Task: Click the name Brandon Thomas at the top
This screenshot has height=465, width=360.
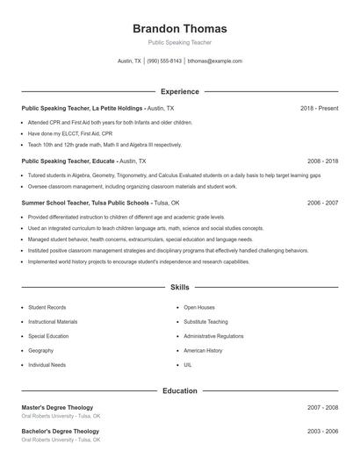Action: click(179, 28)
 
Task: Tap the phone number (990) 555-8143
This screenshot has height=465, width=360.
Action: click(164, 61)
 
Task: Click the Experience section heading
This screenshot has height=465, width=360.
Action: click(179, 91)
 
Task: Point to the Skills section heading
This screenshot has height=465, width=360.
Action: click(179, 288)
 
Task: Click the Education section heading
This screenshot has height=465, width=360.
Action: click(179, 390)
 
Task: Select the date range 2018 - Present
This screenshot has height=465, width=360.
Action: click(319, 108)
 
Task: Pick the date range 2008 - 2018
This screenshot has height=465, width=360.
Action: click(322, 161)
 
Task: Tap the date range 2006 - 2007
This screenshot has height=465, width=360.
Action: click(322, 203)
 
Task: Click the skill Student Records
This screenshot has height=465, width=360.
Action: click(47, 308)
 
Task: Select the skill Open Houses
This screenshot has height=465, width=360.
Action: click(199, 308)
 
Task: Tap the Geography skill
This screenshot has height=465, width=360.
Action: click(41, 350)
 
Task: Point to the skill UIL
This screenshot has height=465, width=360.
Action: click(188, 364)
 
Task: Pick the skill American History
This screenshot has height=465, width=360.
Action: click(203, 350)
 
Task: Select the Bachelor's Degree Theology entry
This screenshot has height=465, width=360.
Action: click(60, 432)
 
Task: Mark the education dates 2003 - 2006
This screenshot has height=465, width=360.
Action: click(322, 432)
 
